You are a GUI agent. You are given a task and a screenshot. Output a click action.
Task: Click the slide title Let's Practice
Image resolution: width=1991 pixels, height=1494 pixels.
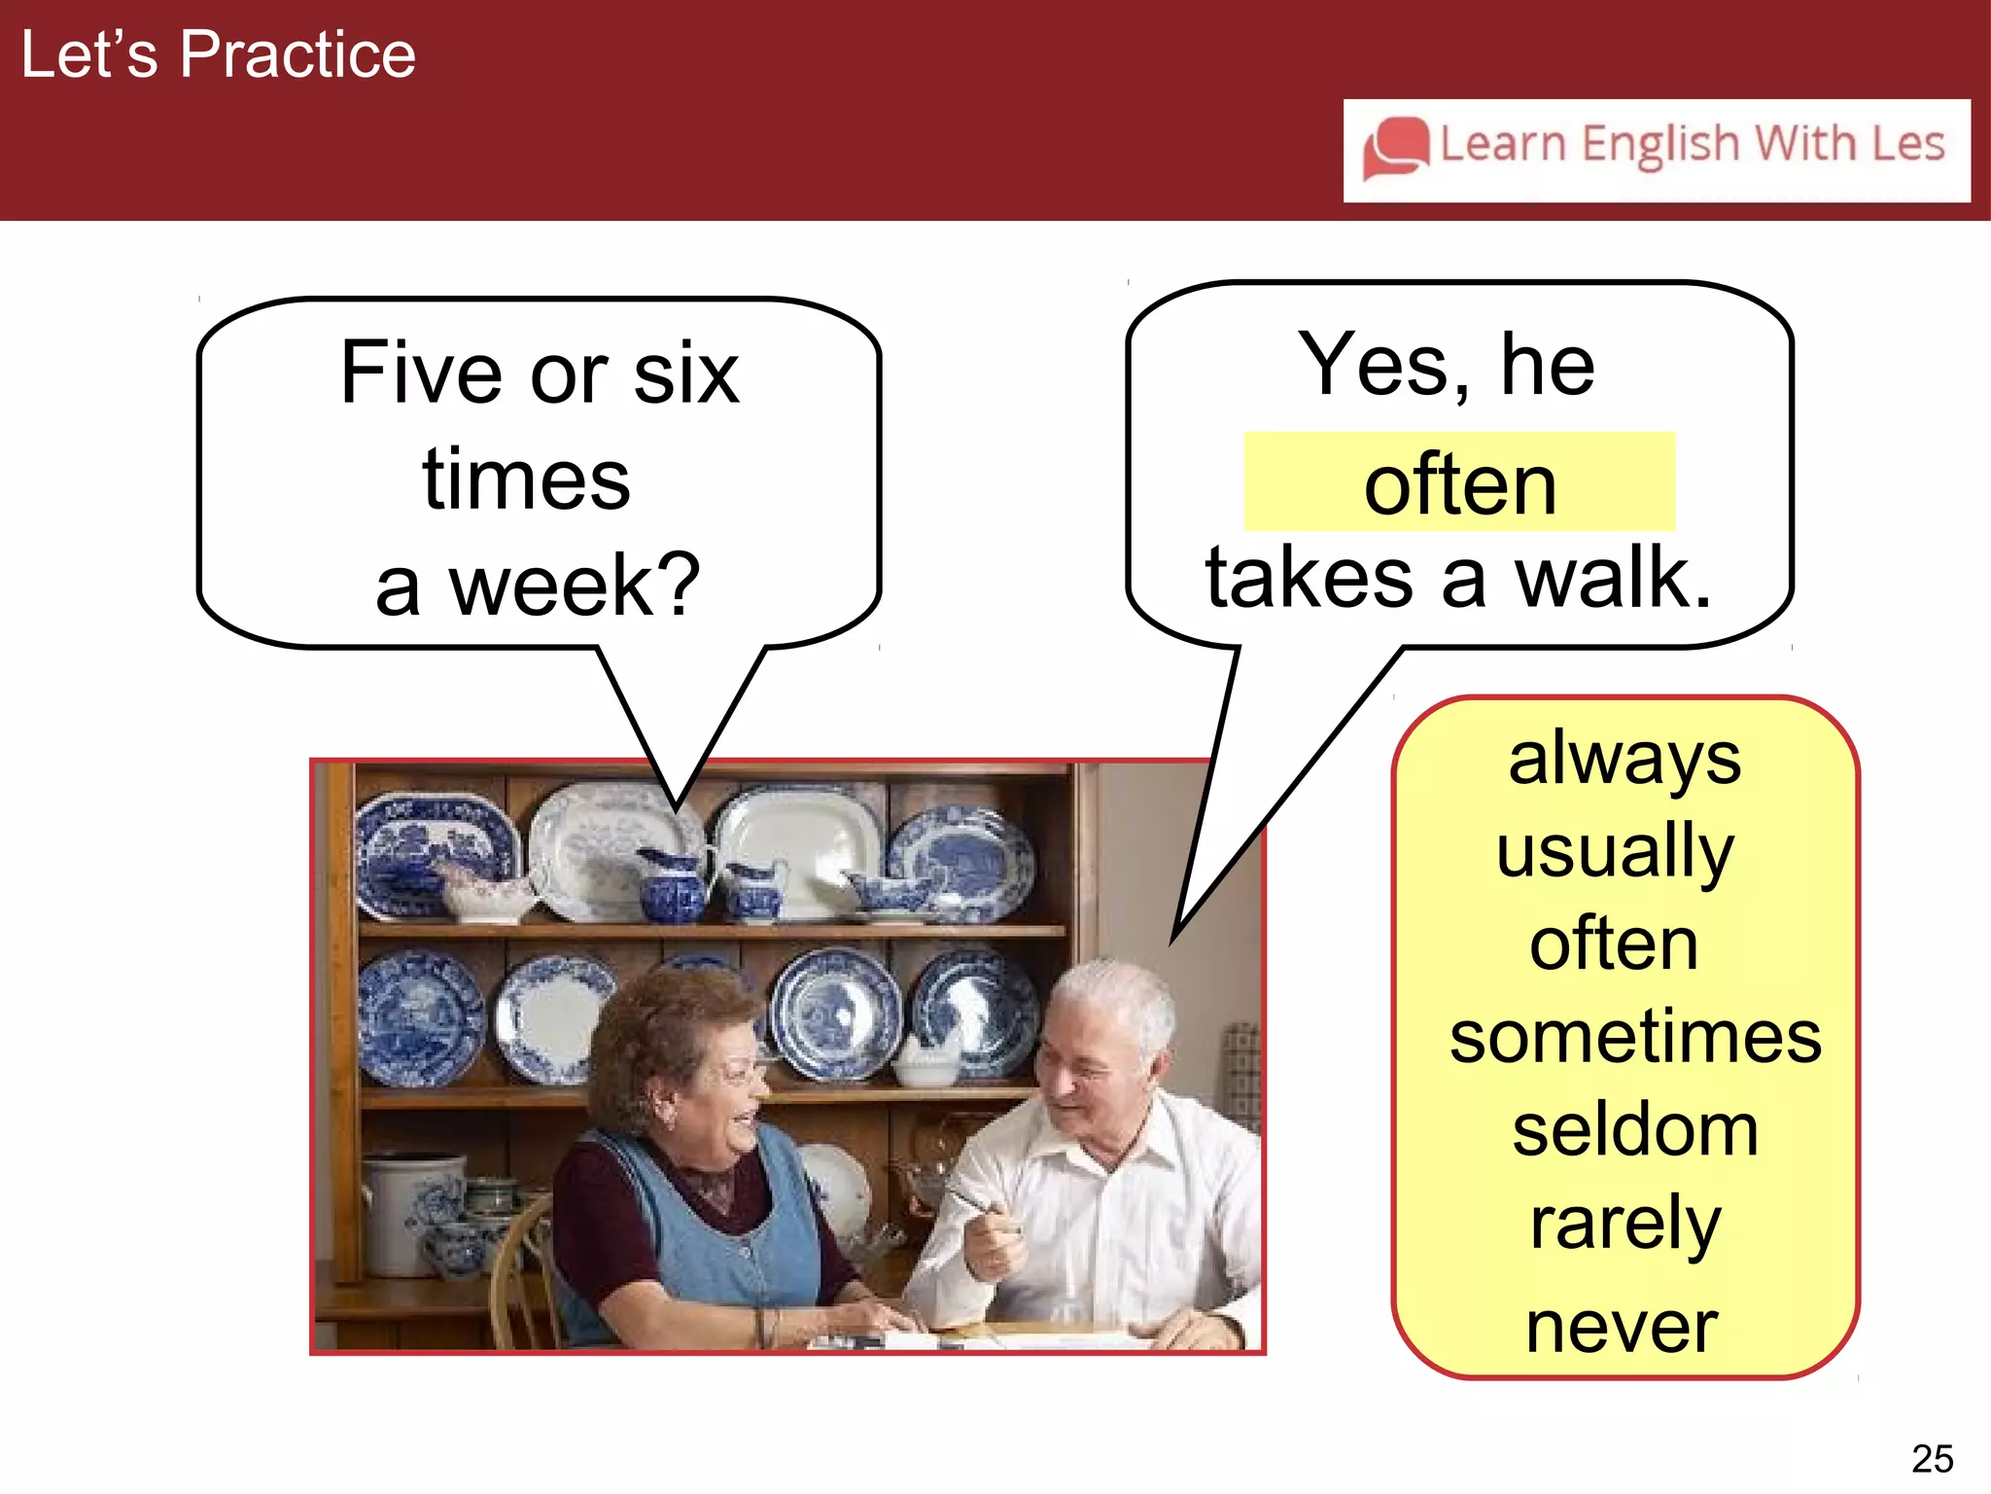click(218, 54)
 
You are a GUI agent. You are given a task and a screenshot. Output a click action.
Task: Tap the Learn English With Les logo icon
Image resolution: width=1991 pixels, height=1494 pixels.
click(1396, 148)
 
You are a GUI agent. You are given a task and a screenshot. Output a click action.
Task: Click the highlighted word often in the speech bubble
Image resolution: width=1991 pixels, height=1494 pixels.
click(1459, 484)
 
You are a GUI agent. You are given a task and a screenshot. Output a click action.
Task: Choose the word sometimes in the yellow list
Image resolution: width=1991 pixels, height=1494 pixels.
click(1635, 1036)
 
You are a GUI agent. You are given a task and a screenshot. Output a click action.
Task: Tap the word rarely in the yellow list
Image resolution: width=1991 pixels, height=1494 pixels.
click(1625, 1223)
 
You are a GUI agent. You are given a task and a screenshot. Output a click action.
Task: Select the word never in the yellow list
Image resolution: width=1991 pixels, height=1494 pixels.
click(1622, 1327)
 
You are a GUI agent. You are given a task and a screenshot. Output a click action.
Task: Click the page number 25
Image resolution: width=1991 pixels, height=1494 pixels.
click(1932, 1458)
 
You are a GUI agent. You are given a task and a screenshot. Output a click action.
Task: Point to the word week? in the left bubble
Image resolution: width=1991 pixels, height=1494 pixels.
click(574, 585)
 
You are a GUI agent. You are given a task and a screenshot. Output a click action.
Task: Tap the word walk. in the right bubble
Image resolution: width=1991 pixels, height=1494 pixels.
click(1613, 578)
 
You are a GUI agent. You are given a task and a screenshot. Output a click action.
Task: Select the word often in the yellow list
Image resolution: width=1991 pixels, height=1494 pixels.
click(1614, 943)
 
